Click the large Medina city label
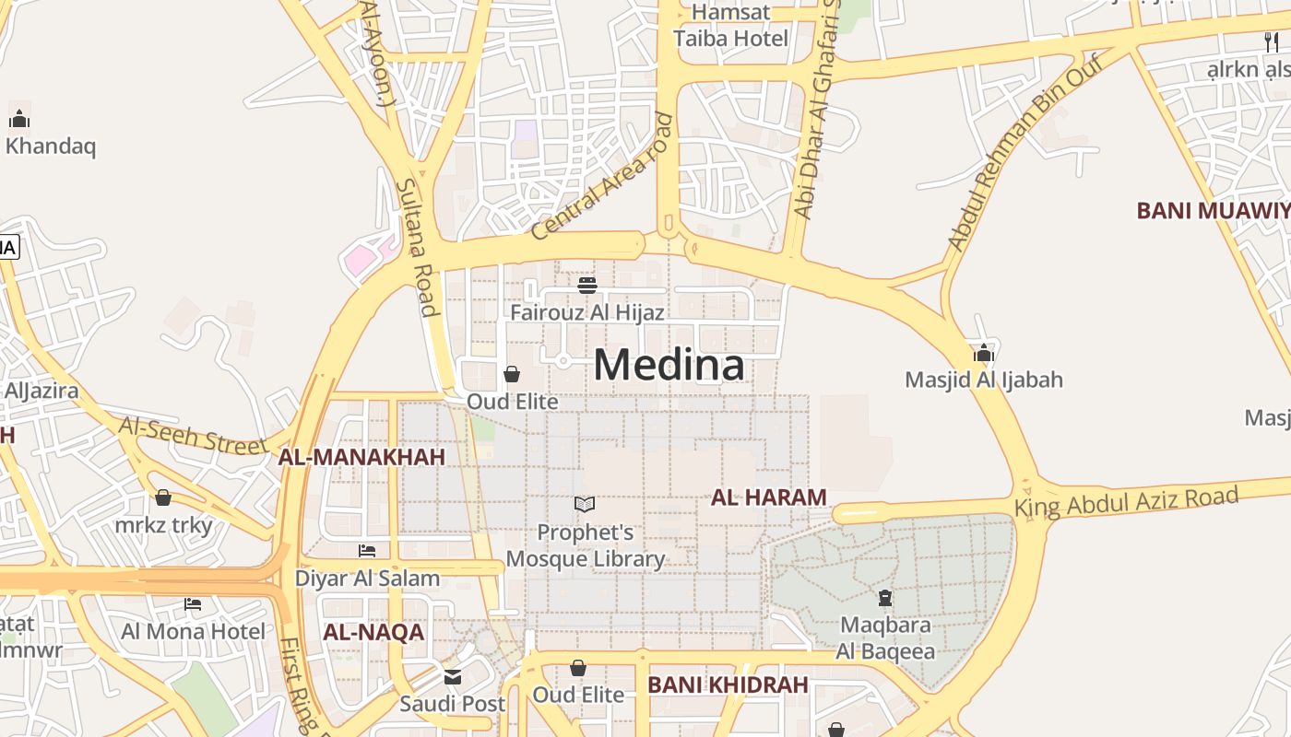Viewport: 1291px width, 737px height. click(x=669, y=365)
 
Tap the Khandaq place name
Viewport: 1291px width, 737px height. click(x=51, y=146)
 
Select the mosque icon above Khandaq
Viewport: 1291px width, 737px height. click(x=19, y=119)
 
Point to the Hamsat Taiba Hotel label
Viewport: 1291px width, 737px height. click(x=730, y=26)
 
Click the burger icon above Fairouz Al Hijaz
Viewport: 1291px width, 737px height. click(x=587, y=285)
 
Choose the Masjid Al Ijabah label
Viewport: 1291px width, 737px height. click(x=983, y=380)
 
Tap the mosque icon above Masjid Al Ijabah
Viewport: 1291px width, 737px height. click(x=983, y=353)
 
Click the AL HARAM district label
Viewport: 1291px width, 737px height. click(x=768, y=497)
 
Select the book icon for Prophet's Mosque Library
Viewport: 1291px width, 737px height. click(x=585, y=504)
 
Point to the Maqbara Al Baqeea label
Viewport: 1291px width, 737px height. click(x=885, y=638)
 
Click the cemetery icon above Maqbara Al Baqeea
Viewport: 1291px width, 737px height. click(x=885, y=599)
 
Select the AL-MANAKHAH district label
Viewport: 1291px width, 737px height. click(x=361, y=457)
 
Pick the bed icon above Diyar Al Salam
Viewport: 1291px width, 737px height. click(x=367, y=551)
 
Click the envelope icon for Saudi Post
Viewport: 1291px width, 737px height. click(x=452, y=677)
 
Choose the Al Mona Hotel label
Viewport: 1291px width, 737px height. click(x=193, y=631)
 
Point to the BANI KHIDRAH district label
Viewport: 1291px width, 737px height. click(x=728, y=685)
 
